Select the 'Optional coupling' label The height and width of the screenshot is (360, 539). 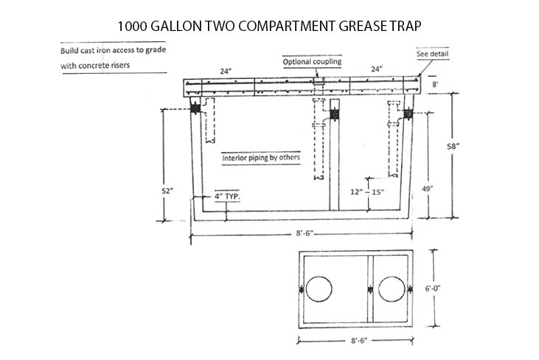coord(312,62)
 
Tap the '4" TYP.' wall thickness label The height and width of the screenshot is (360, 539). coord(228,197)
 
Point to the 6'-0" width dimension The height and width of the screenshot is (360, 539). coord(451,291)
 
